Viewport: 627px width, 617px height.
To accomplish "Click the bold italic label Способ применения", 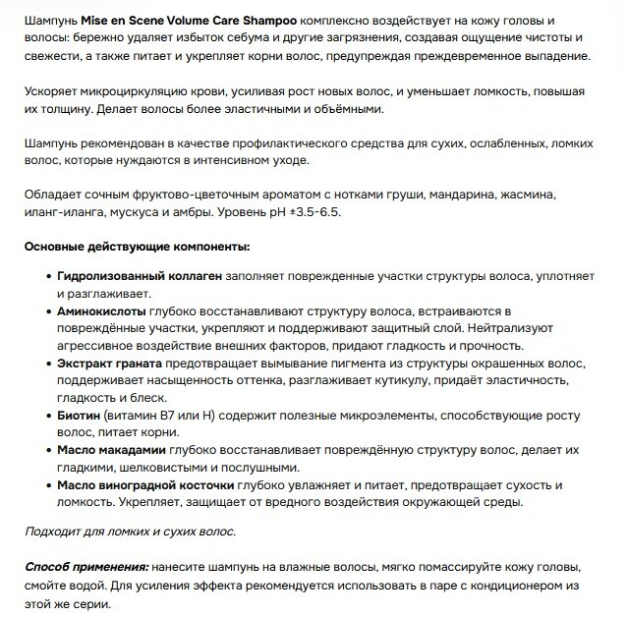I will click(86, 568).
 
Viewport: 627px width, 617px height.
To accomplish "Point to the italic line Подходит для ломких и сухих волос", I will click(130, 532).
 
